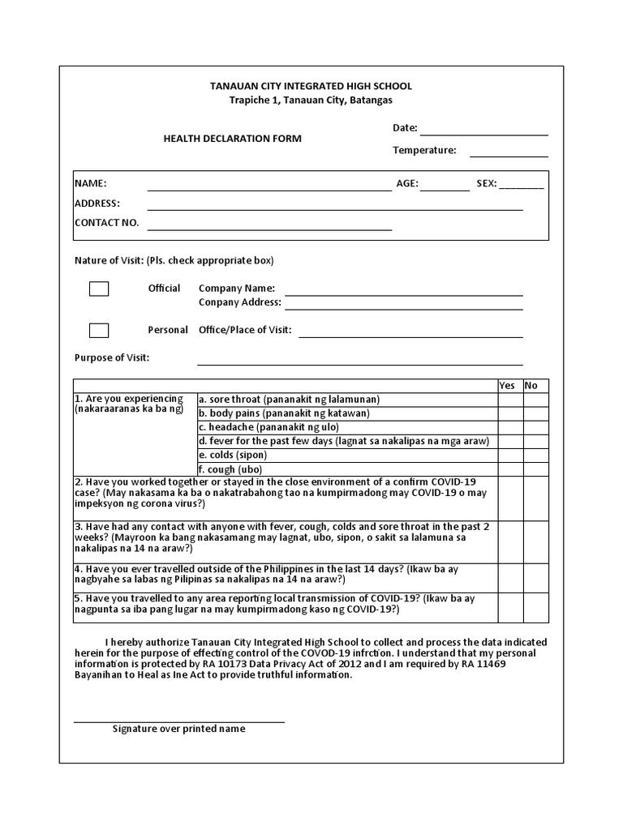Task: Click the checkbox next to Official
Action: (x=99, y=289)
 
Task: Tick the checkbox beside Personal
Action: (x=99, y=330)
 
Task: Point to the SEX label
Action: (x=486, y=184)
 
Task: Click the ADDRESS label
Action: (x=97, y=203)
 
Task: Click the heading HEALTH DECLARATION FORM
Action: (x=233, y=139)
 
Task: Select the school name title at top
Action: (x=311, y=86)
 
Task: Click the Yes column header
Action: (x=507, y=386)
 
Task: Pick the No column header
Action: (x=531, y=386)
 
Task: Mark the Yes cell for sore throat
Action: (x=509, y=400)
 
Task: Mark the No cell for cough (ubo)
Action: (x=535, y=469)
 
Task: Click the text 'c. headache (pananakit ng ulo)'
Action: (x=269, y=427)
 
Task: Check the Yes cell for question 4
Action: (x=509, y=575)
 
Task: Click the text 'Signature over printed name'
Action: (x=178, y=729)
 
